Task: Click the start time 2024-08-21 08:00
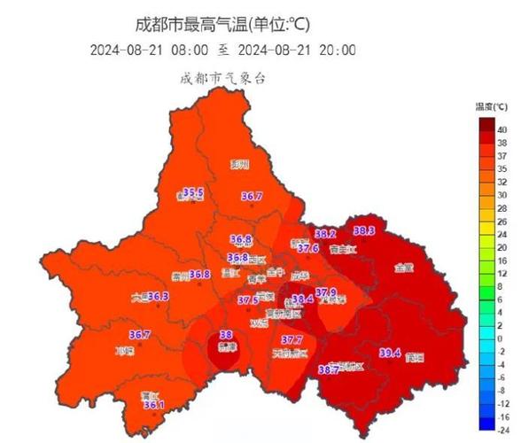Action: click(x=150, y=50)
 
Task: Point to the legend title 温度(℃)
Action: click(x=491, y=107)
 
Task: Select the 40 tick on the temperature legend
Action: click(x=502, y=129)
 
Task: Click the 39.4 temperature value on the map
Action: click(x=391, y=353)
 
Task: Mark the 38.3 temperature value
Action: click(x=364, y=231)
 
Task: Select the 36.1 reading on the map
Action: click(x=154, y=405)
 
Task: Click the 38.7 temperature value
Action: click(x=329, y=369)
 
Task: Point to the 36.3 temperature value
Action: click(x=158, y=296)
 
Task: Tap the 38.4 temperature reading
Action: click(x=303, y=299)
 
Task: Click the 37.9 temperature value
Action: click(x=326, y=292)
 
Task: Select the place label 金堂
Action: click(x=403, y=267)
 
